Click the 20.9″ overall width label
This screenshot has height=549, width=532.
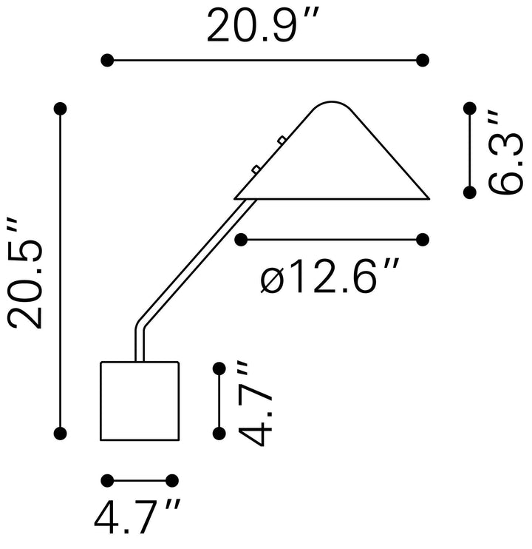point(263,25)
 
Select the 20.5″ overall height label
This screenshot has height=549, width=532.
point(25,274)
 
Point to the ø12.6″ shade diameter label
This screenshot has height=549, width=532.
point(330,276)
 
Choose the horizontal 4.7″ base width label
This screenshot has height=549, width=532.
point(137,516)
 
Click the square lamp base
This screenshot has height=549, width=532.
point(140,401)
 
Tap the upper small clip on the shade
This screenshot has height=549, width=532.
point(282,140)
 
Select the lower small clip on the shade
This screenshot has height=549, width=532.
point(256,169)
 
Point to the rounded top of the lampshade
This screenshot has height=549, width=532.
point(332,102)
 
